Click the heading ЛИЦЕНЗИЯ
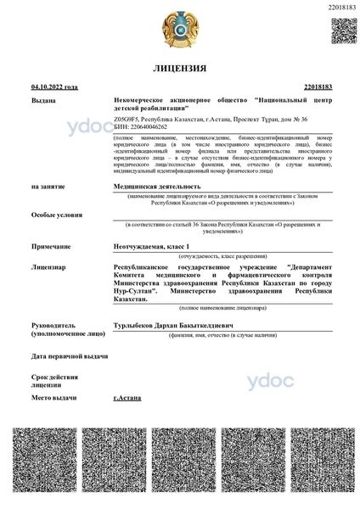[180, 66]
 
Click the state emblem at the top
[180, 28]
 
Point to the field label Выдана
[43, 100]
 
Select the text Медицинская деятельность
[157, 185]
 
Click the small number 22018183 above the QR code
[341, 7]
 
